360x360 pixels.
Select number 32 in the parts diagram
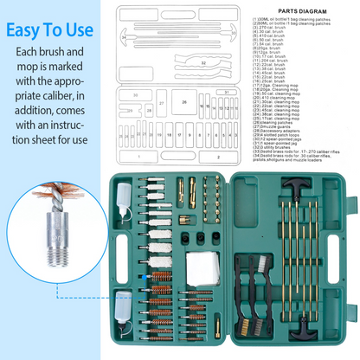pos(203,64)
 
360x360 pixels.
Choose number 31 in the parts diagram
pos(226,91)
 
